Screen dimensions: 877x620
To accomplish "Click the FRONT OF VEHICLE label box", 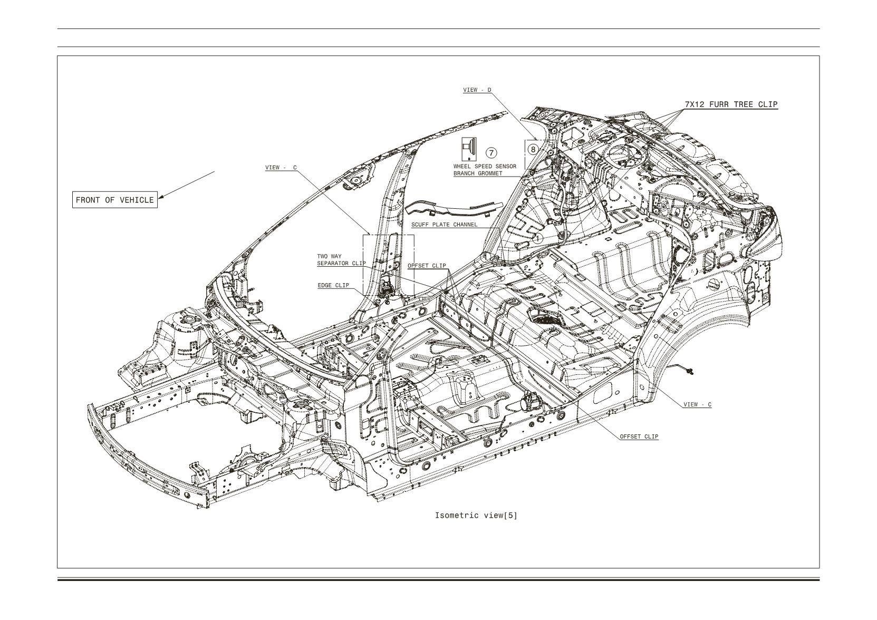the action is coord(115,200).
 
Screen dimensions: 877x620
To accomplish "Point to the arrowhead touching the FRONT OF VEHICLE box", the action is coord(160,196).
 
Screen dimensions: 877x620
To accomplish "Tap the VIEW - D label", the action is coord(477,90).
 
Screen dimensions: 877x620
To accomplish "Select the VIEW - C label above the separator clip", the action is coord(281,168).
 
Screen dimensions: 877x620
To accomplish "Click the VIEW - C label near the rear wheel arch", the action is coord(697,404).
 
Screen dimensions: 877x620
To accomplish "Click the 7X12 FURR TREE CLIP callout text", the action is coord(731,104).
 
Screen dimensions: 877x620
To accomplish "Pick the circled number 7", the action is coord(491,152).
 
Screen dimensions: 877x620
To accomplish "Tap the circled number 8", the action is coord(533,149).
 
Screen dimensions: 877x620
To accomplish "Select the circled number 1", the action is coord(538,238).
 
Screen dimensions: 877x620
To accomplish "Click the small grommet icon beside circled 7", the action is coord(469,149).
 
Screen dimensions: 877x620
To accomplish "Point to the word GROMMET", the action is coord(489,173).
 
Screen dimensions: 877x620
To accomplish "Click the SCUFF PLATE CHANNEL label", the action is coord(445,225).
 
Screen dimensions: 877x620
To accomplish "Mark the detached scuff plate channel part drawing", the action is coord(454,209).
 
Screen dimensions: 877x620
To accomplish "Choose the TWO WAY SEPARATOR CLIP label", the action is coord(341,260).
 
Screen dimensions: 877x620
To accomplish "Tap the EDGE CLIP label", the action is coord(333,285).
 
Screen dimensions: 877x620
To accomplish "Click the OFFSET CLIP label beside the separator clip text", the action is coord(427,265).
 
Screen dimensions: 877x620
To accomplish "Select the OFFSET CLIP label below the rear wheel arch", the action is coord(639,437).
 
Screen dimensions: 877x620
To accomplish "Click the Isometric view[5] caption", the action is coord(476,515).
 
